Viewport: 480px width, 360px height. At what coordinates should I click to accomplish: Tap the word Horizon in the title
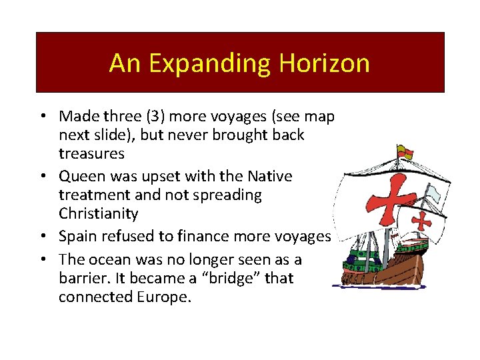coord(325,63)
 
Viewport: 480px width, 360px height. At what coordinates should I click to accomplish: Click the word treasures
coord(91,153)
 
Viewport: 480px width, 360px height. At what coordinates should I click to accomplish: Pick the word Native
coord(270,177)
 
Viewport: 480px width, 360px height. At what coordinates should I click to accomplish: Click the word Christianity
coord(98,214)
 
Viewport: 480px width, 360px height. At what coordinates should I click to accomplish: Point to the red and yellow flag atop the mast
coord(404,151)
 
